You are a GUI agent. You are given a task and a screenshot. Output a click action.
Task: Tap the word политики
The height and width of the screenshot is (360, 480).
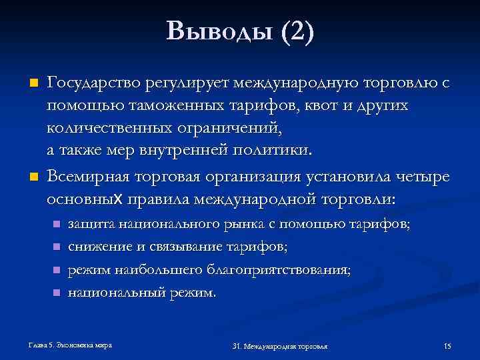277,149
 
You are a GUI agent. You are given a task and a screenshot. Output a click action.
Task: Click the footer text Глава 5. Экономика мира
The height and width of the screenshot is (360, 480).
70,345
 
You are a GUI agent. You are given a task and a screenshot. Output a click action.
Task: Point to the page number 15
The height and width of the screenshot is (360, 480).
447,346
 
